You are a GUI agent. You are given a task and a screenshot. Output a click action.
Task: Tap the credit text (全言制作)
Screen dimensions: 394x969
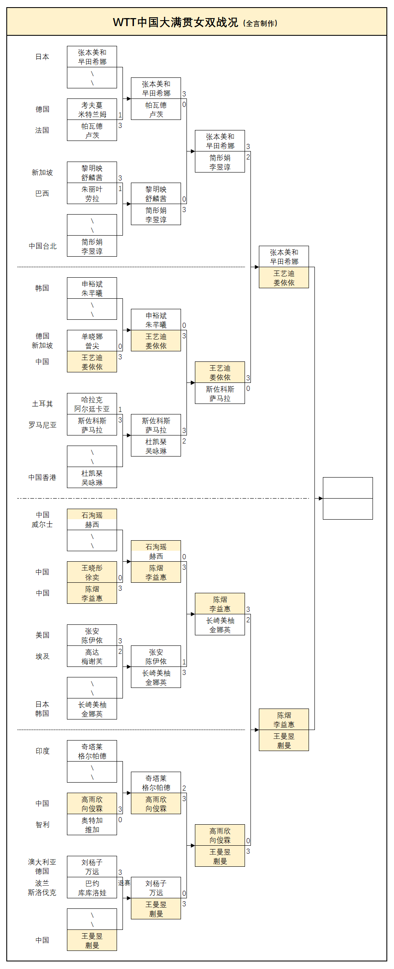tap(261, 24)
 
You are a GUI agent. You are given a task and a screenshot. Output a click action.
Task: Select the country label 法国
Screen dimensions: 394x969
tap(42, 130)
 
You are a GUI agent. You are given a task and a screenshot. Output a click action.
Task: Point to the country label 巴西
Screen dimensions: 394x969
tap(42, 194)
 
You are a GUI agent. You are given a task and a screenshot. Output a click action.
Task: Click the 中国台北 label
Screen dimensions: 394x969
tap(43, 246)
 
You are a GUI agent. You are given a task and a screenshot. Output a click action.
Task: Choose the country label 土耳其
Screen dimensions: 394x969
tap(43, 404)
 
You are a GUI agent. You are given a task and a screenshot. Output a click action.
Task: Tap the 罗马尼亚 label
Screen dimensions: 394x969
tap(43, 425)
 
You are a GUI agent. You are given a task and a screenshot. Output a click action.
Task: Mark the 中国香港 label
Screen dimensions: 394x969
tap(43, 478)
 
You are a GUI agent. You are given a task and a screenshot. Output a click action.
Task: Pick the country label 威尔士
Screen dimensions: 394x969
tap(43, 525)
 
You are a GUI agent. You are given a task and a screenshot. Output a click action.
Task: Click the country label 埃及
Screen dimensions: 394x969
tap(43, 656)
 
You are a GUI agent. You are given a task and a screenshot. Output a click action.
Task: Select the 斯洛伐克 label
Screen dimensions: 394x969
tap(42, 892)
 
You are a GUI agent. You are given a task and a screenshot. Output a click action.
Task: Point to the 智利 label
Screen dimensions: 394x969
tap(43, 825)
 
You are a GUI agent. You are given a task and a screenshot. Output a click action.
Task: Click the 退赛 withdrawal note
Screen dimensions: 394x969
tap(124, 883)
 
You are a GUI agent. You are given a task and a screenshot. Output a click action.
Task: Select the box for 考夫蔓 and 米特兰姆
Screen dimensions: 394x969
tap(92, 109)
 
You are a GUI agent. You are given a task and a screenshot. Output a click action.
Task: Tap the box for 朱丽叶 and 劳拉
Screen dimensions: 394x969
tap(92, 194)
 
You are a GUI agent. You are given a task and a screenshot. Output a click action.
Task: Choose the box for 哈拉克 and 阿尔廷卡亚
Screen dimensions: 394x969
tap(92, 404)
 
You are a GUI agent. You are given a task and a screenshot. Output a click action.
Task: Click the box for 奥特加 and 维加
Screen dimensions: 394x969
tap(92, 825)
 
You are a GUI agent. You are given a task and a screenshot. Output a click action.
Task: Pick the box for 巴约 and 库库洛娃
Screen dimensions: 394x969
tap(92, 888)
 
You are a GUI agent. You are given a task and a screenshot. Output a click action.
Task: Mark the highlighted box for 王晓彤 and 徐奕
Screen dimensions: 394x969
tap(92, 572)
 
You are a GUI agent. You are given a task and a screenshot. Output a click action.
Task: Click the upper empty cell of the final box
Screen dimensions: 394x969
tap(348, 488)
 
